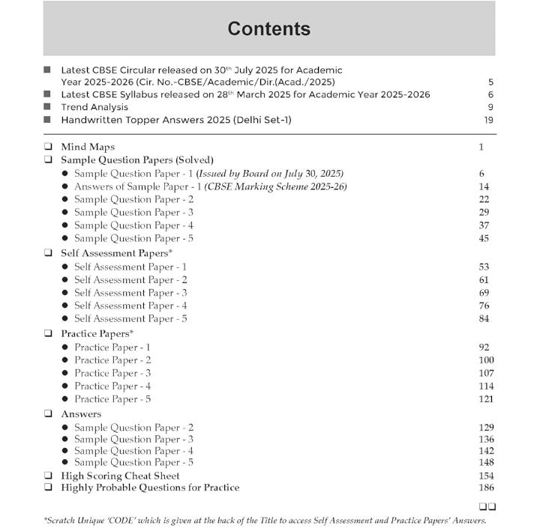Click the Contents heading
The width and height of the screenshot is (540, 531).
point(268,29)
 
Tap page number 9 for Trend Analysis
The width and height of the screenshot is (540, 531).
point(490,107)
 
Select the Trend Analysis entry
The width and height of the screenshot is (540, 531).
point(94,107)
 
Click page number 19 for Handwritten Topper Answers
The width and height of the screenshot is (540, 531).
point(488,120)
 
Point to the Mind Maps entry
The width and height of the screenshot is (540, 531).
point(88,147)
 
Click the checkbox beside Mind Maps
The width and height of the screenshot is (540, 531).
point(48,147)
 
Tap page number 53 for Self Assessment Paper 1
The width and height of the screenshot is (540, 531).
point(484,267)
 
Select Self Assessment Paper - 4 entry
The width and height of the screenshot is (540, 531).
point(130,306)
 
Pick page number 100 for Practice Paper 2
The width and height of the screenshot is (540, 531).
point(485,360)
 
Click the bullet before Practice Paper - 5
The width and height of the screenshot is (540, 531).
point(65,399)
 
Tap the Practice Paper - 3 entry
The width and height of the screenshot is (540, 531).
point(112,373)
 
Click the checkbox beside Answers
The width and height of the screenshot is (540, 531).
point(48,413)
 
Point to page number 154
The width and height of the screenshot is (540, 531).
point(485,476)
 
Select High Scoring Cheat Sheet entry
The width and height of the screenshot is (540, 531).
point(120,476)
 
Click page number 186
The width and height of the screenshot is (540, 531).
point(485,488)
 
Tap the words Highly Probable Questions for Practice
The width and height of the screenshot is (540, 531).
point(150,488)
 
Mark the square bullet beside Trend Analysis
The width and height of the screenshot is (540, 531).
point(47,107)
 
